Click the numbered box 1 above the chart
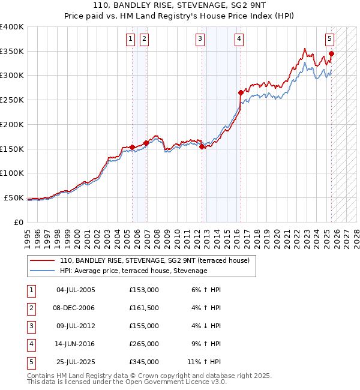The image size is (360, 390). pyautogui.click(x=131, y=39)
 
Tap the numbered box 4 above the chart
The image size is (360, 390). pyautogui.click(x=239, y=39)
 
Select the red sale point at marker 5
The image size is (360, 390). pyautogui.click(x=331, y=53)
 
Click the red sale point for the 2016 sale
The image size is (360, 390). pyautogui.click(x=241, y=92)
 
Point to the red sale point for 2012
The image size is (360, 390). pyautogui.click(x=202, y=146)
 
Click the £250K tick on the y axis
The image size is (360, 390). pyautogui.click(x=12, y=100)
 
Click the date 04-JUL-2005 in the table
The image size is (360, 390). pyautogui.click(x=76, y=290)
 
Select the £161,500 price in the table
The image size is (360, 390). pyautogui.click(x=143, y=308)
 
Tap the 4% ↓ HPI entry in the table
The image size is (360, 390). pyautogui.click(x=206, y=326)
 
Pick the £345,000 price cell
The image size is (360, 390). pyautogui.click(x=143, y=362)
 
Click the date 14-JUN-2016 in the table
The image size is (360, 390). pyautogui.click(x=76, y=344)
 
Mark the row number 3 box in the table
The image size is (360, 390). pyautogui.click(x=30, y=326)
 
